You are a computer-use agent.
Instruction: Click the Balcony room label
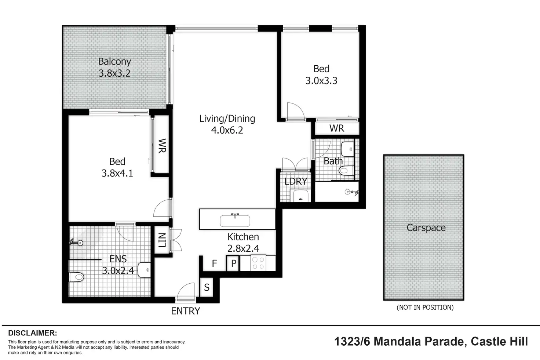tap(114, 62)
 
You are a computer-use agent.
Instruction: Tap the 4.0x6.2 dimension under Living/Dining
tap(227, 130)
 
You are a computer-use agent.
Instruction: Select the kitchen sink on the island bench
tap(235, 220)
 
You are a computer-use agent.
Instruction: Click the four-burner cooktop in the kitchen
tap(258, 263)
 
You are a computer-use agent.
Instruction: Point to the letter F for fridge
tap(214, 263)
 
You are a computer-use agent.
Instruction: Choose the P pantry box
tap(233, 263)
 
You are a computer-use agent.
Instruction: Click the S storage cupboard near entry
tap(207, 287)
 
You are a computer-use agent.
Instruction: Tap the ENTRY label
tap(185, 311)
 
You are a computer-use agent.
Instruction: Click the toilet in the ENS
tap(76, 277)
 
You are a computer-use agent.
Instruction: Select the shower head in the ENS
tap(76, 242)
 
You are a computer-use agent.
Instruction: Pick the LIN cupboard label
tap(162, 240)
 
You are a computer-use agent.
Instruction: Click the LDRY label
tap(296, 181)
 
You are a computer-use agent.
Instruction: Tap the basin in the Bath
tap(347, 149)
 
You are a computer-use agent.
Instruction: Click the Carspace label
tap(426, 228)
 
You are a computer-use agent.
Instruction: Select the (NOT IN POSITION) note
tap(425, 308)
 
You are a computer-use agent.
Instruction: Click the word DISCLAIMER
tap(33, 333)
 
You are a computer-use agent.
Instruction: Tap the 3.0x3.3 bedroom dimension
tap(321, 80)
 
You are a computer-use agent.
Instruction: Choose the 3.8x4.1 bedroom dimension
tap(117, 173)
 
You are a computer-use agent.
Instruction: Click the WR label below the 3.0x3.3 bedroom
tap(337, 128)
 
